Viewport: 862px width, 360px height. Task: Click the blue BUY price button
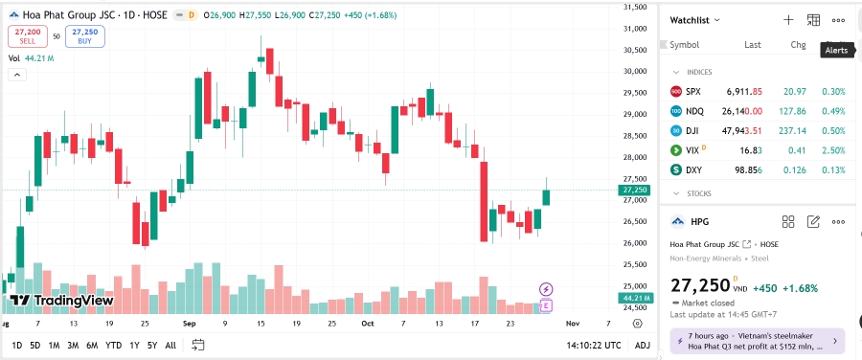pyautogui.click(x=85, y=35)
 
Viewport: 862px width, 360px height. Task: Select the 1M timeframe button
pyautogui.click(x=54, y=345)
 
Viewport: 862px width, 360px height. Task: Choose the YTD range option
pyautogui.click(x=113, y=345)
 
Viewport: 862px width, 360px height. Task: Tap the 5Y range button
pyautogui.click(x=152, y=345)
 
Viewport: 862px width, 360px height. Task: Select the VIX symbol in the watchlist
pyautogui.click(x=693, y=150)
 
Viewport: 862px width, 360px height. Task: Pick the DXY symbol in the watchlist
pyautogui.click(x=694, y=170)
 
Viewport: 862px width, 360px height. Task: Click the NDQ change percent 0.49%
pyautogui.click(x=832, y=111)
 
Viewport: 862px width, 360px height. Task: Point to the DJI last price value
pyautogui.click(x=742, y=131)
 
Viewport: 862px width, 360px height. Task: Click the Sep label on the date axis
pyautogui.click(x=190, y=325)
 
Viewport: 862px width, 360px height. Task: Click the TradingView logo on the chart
pyautogui.click(x=62, y=301)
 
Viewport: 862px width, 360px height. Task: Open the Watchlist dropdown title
pyautogui.click(x=695, y=19)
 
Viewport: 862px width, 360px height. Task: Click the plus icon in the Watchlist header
pyautogui.click(x=788, y=19)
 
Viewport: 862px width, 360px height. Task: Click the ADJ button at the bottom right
pyautogui.click(x=642, y=345)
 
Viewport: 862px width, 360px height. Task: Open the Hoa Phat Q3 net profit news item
pyautogui.click(x=757, y=342)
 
